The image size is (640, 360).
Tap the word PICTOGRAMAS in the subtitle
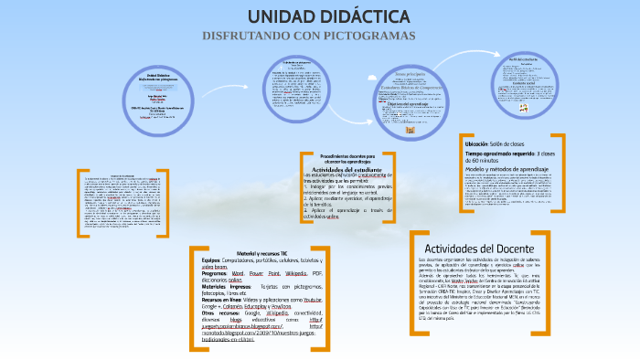[x=368, y=36]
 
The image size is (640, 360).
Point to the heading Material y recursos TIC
[x=262, y=253]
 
